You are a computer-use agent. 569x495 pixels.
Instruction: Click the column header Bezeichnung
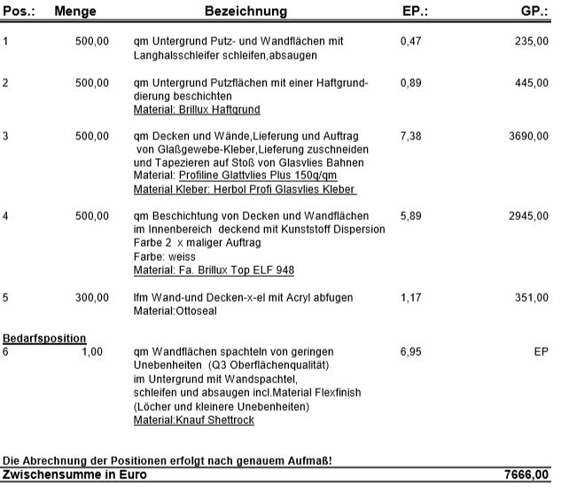(x=246, y=12)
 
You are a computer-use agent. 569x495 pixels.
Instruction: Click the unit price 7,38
(x=410, y=136)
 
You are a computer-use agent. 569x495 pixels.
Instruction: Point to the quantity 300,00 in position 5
(x=91, y=298)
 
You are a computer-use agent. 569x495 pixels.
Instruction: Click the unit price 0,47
(x=410, y=41)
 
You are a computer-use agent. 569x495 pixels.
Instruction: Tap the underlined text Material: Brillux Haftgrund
(x=196, y=109)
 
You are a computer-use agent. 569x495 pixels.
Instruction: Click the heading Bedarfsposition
(x=44, y=338)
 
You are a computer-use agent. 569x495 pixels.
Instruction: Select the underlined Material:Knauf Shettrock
(x=193, y=420)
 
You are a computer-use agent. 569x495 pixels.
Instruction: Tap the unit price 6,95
(x=410, y=352)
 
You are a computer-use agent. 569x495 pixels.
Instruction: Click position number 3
(x=6, y=136)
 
